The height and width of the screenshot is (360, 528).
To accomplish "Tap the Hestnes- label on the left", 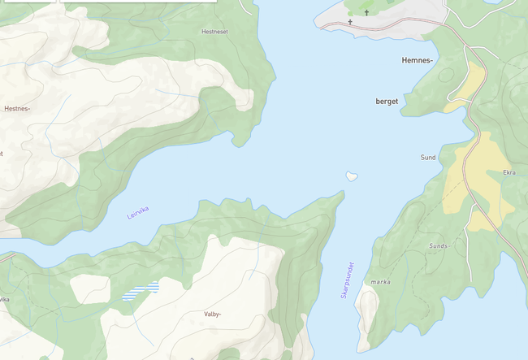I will (x=17, y=108).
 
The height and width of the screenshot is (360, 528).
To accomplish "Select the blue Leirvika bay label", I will (x=138, y=213).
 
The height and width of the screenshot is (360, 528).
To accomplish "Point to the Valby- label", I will (x=213, y=313).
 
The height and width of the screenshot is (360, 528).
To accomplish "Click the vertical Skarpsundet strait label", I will (x=348, y=279).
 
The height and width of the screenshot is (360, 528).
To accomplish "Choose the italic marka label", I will (x=380, y=282).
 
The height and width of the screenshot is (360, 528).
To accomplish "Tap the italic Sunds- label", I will (x=439, y=245).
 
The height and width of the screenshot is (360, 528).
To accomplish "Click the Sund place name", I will (x=428, y=157).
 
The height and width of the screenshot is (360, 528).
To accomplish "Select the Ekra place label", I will (x=509, y=172).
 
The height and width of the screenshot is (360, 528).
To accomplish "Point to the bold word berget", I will (x=387, y=102).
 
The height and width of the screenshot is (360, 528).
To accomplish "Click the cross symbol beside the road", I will (x=350, y=22).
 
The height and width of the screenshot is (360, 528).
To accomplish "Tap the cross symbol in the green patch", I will (x=366, y=12).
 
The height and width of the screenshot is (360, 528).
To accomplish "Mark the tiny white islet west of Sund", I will (x=352, y=176).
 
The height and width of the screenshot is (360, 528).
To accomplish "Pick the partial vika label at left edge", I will (x=4, y=299).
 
